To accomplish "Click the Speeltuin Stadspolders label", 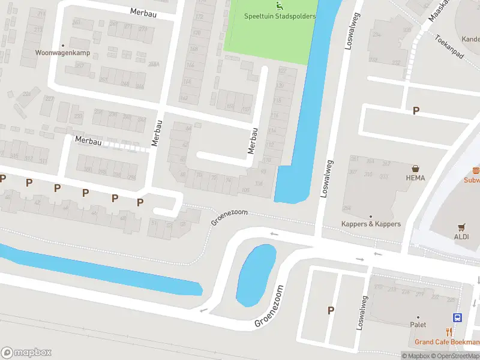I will [x=280, y=16].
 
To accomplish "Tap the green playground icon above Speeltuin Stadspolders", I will [x=279, y=7].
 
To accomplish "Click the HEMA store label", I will [x=415, y=178].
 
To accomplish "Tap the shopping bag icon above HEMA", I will [x=415, y=169].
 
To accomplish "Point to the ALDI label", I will [x=461, y=236].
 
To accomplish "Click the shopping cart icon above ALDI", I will [x=461, y=227].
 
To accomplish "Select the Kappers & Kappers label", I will [x=371, y=224].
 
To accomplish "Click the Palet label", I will [x=418, y=325].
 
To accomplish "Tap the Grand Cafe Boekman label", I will [x=446, y=342].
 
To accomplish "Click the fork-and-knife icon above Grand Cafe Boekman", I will [x=449, y=332].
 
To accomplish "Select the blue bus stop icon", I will [x=457, y=317].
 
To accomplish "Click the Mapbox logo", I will [x=26, y=352].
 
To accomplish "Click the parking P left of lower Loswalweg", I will [x=330, y=310].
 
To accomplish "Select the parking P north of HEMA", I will [x=416, y=111].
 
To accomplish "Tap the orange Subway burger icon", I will [x=476, y=170].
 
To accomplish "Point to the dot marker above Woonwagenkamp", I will [x=62, y=45].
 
